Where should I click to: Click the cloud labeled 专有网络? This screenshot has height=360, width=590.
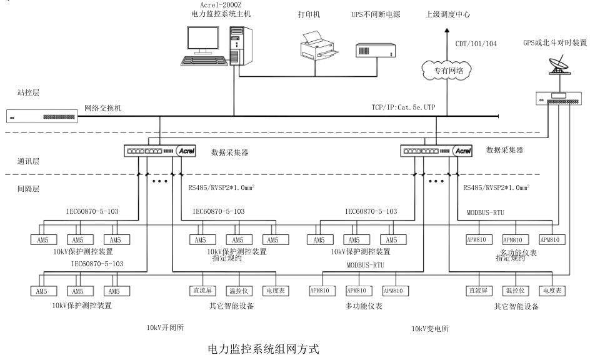[x=446, y=71]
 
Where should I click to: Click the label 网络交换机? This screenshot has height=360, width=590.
[x=103, y=108]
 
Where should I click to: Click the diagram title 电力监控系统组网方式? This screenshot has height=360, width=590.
[x=260, y=351]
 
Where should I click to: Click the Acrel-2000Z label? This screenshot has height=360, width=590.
[x=217, y=4]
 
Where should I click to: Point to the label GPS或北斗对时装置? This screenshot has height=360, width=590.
[x=556, y=42]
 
